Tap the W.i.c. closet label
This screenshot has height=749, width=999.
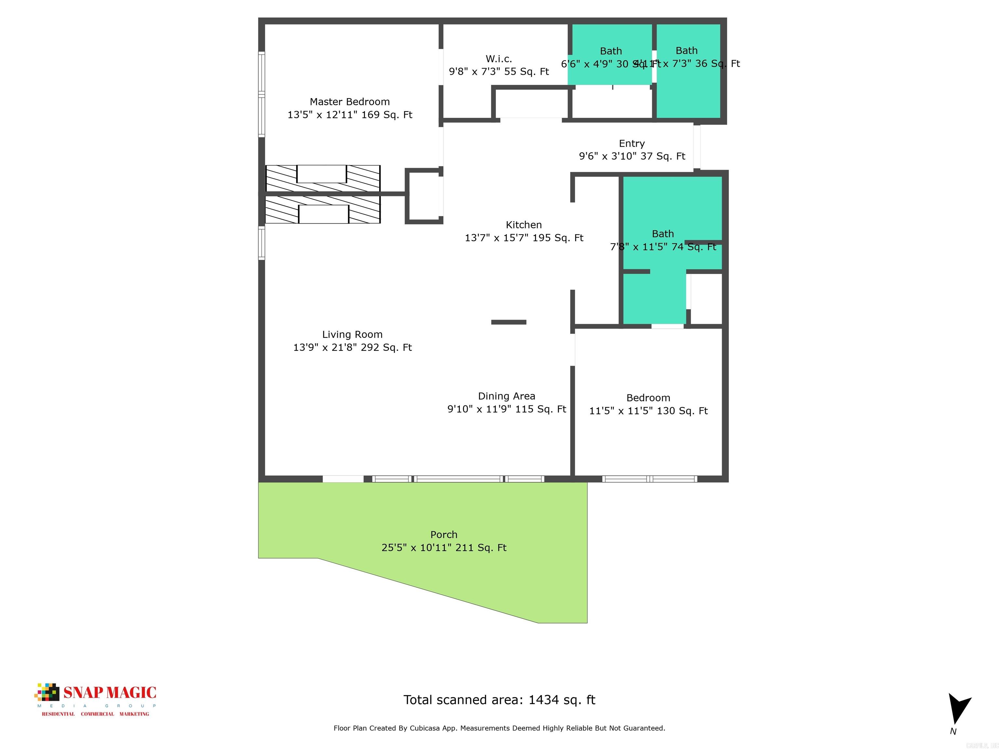pyautogui.click(x=499, y=59)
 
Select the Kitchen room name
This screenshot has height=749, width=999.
pyautogui.click(x=524, y=225)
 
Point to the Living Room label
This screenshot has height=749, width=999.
pyautogui.click(x=352, y=335)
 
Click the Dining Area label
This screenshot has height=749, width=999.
pyautogui.click(x=506, y=396)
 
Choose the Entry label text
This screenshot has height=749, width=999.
pyautogui.click(x=632, y=144)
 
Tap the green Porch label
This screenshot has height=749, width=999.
pyautogui.click(x=444, y=534)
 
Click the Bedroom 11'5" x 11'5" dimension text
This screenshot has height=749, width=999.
pyautogui.click(x=648, y=411)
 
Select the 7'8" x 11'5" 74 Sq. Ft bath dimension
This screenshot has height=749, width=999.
pyautogui.click(x=662, y=247)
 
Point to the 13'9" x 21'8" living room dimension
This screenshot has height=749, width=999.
pyautogui.click(x=352, y=348)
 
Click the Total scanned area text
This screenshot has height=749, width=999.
pyautogui.click(x=499, y=700)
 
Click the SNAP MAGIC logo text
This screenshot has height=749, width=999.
pyautogui.click(x=110, y=692)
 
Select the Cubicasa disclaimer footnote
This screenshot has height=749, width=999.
pyautogui.click(x=499, y=728)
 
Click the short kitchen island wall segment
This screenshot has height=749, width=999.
pyautogui.click(x=509, y=322)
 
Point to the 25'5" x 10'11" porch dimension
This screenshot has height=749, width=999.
pyautogui.click(x=444, y=548)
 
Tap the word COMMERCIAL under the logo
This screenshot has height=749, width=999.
pyautogui.click(x=97, y=714)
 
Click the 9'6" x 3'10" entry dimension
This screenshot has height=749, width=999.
pyautogui.click(x=632, y=156)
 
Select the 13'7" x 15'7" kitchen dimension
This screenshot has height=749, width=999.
pyautogui.click(x=524, y=238)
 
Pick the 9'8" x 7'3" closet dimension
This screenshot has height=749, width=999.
pyautogui.click(x=499, y=71)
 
